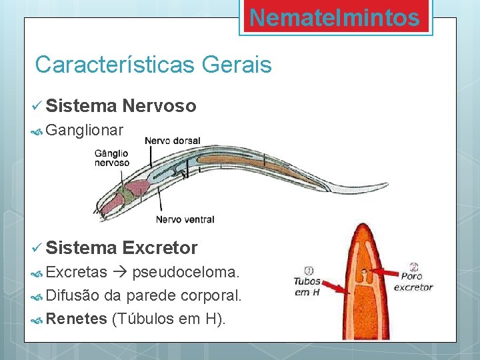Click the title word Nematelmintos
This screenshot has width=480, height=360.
coord(335,18)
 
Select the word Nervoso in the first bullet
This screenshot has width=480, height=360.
coord(159,105)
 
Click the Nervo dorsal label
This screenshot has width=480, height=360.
coord(172,141)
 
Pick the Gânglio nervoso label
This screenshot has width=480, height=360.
coord(112,158)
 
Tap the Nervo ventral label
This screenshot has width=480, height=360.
coord(185,219)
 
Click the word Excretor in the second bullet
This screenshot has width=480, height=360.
coord(160,248)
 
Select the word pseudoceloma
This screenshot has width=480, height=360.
coord(187,272)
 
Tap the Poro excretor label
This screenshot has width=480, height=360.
coord(413,282)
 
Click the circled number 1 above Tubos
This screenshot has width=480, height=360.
coord(309,271)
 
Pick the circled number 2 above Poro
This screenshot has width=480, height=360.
coord(414,265)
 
